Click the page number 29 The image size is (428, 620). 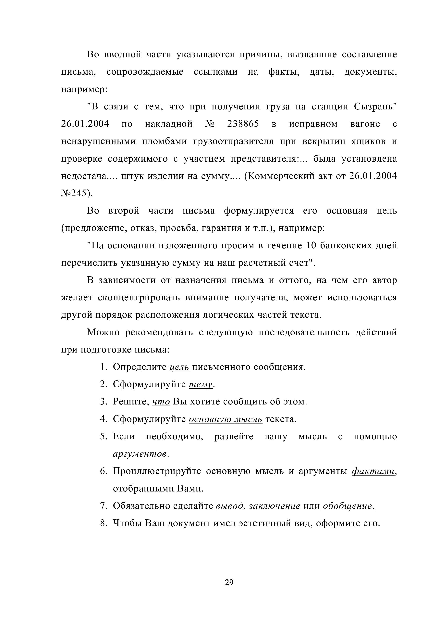coord(229,582)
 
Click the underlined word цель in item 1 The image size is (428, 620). coord(179,367)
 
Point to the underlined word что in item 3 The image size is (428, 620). coord(161,402)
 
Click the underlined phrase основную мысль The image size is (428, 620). coord(226,419)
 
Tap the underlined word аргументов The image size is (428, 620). coord(140,454)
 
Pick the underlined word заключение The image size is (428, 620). coord(274,506)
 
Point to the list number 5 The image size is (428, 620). coord(103,437)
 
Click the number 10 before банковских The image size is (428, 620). coord(311,246)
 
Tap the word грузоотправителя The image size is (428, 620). coord(233,141)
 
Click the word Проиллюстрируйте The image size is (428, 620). coord(157,471)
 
